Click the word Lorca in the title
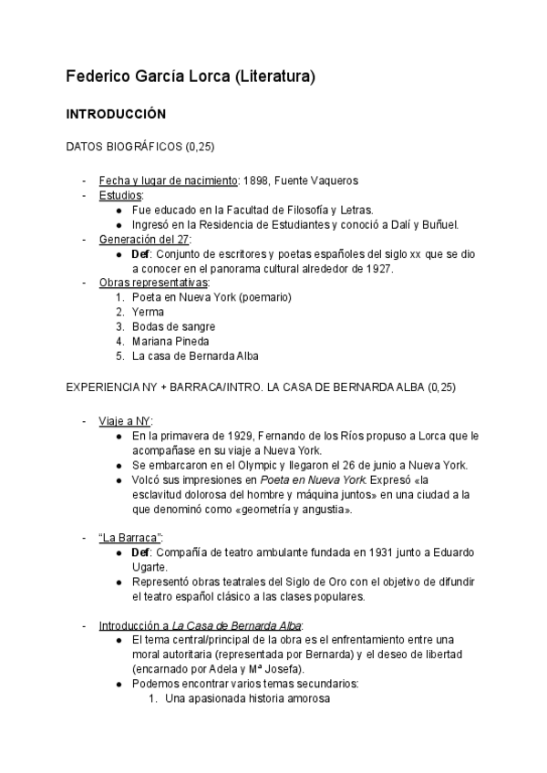tap(209, 77)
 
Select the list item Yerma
tap(148, 312)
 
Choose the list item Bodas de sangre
tap(173, 326)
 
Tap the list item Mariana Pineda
tap(170, 341)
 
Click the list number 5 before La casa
tap(120, 356)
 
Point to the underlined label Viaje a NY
tap(125, 420)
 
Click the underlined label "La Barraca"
tap(129, 538)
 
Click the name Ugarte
tap(151, 567)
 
